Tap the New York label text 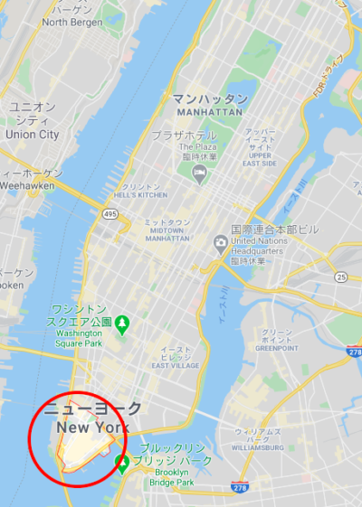tap(92, 427)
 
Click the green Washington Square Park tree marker tap(122, 323)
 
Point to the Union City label tap(33, 135)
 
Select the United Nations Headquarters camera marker tap(220, 242)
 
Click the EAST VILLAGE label tap(174, 365)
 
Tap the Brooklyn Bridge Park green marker tap(121, 464)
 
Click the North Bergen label tap(71, 21)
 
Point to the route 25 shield tap(340, 275)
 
